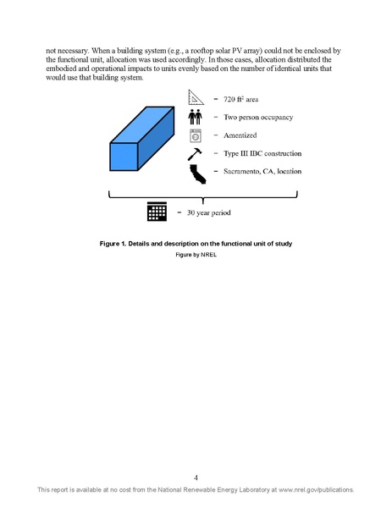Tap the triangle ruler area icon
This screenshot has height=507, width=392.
tap(196, 98)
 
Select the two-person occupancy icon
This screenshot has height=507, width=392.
tap(196, 117)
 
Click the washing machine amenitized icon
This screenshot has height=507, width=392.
tap(196, 135)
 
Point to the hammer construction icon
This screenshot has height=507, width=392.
tap(196, 154)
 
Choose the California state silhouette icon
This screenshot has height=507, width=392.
tap(196, 174)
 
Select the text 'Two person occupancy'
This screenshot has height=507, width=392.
tap(257, 118)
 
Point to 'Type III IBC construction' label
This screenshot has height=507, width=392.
tap(262, 154)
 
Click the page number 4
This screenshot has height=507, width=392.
tap(196, 477)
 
